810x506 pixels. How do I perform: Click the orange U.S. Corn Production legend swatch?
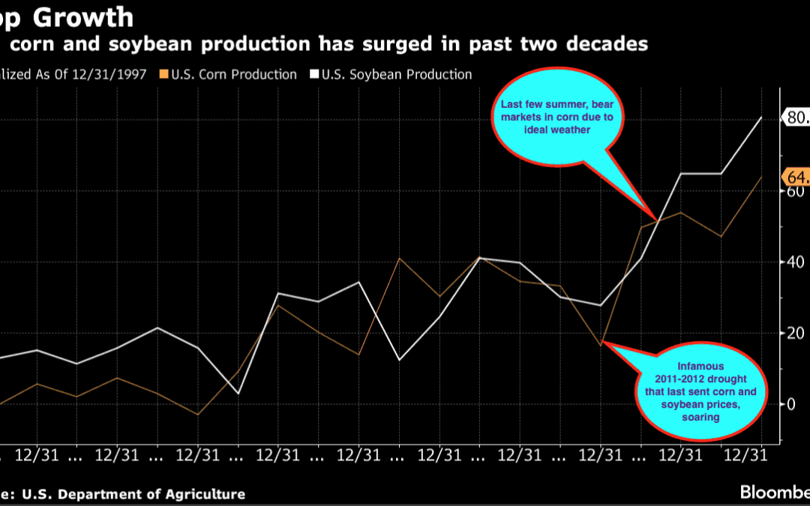click(163, 75)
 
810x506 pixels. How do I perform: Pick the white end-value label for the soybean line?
click(796, 117)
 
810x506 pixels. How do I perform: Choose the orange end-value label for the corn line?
click(796, 177)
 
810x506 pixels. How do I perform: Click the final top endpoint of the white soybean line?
click(762, 117)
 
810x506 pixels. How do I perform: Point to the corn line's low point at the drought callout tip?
click(601, 345)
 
